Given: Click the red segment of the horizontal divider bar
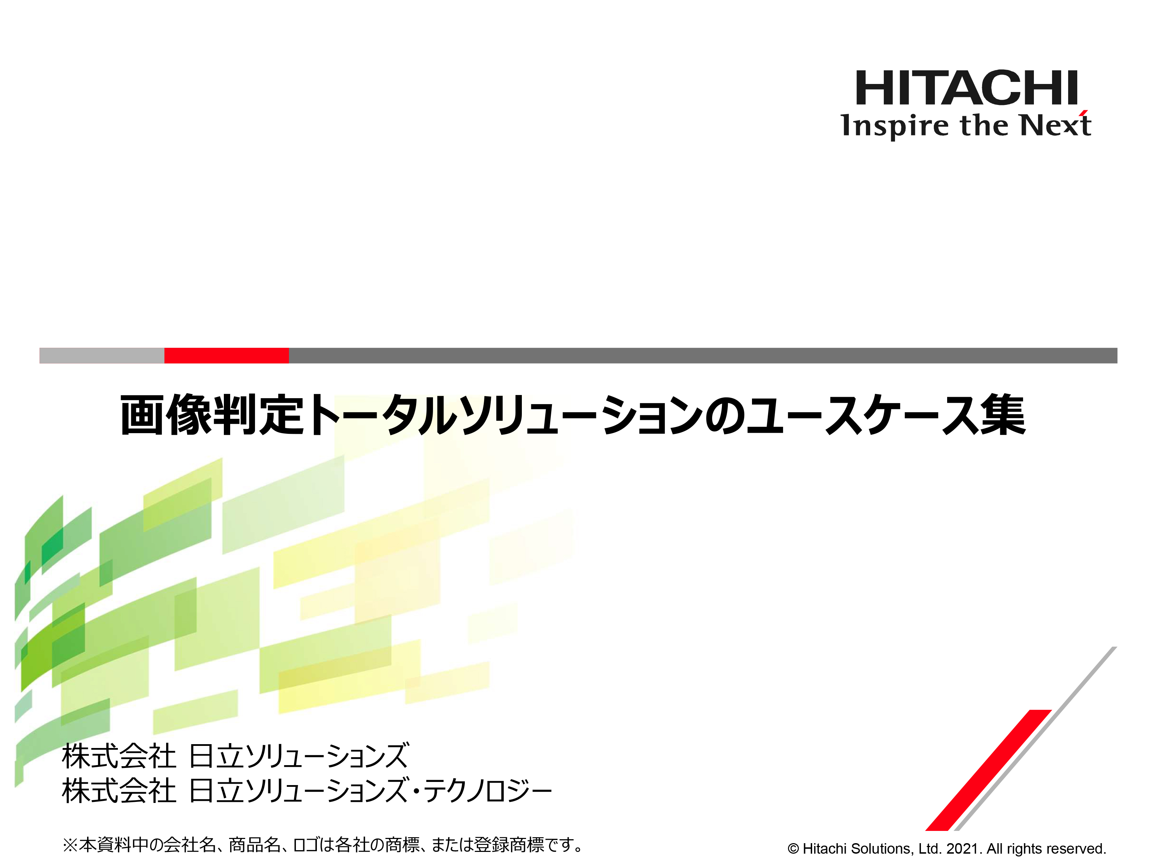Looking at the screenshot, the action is [x=227, y=355].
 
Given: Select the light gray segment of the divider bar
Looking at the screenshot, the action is [x=102, y=355].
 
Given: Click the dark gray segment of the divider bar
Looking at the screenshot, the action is [x=703, y=355].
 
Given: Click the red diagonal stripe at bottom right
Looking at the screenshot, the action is [x=988, y=770].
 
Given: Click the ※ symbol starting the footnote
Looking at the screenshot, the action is [x=70, y=845].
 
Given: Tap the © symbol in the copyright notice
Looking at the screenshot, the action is [x=794, y=849].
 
